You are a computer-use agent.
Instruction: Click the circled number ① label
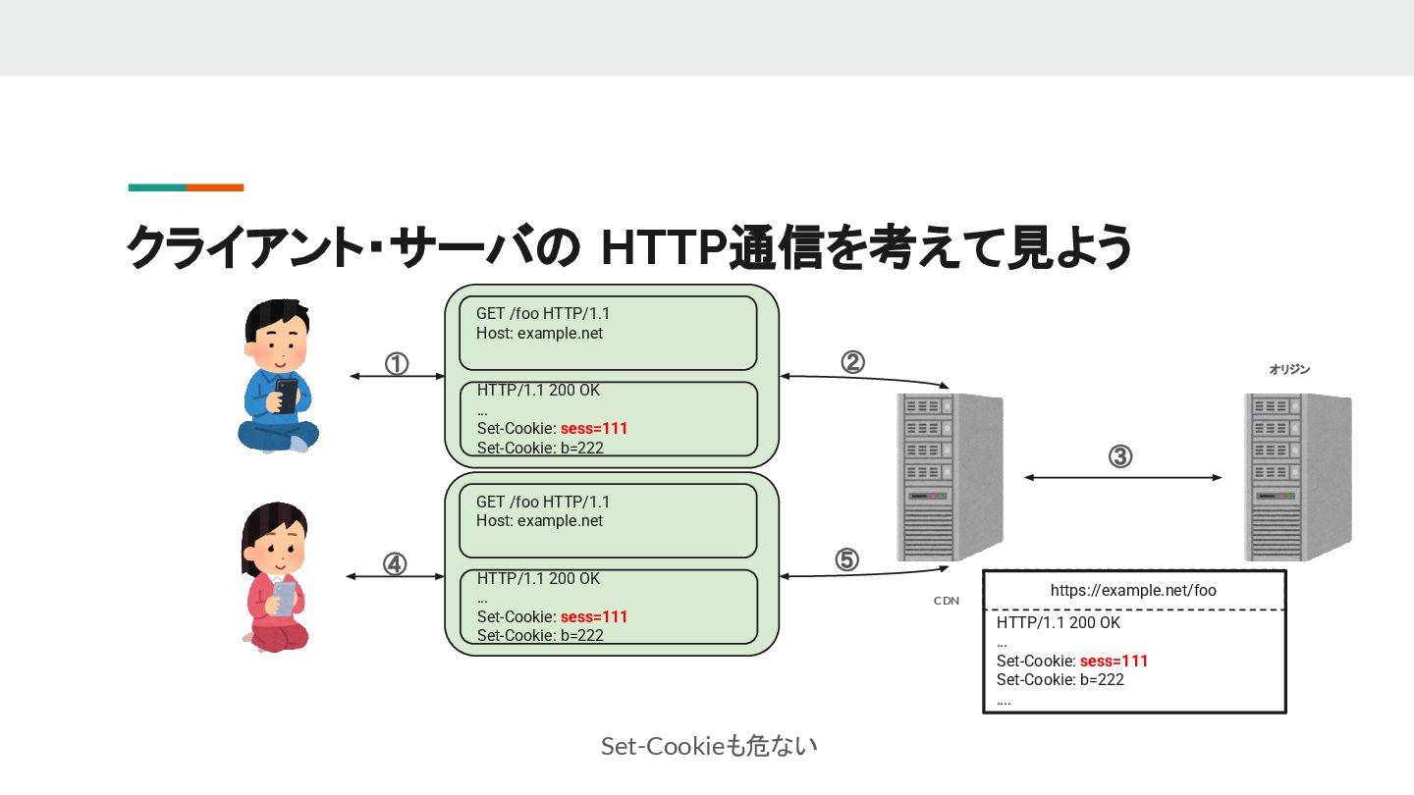[x=396, y=364]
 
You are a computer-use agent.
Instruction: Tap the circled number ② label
[x=852, y=362]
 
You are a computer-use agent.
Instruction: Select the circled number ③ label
[x=1120, y=456]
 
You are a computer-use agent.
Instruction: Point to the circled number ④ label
[x=394, y=564]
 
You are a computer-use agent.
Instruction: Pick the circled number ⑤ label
[x=846, y=559]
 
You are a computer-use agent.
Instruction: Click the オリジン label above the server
[x=1289, y=370]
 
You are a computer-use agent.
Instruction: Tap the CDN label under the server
[x=947, y=601]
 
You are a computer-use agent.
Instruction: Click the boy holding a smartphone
[x=278, y=377]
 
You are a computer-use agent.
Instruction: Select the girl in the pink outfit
[x=275, y=578]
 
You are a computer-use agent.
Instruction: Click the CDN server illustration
[x=949, y=477]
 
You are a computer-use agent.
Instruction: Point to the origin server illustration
[x=1296, y=477]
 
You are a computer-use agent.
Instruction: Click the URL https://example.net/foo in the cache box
[x=1133, y=590]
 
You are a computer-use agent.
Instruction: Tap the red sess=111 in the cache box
[x=1114, y=661]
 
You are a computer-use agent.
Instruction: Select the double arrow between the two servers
[x=1123, y=478]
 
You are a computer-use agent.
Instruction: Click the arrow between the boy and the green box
[x=397, y=376]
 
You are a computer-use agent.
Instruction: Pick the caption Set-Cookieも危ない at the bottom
[x=709, y=746]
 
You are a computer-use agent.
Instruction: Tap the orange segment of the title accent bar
[x=215, y=187]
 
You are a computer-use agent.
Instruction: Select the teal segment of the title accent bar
[x=157, y=187]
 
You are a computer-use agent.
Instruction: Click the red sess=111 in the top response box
[x=593, y=429]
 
